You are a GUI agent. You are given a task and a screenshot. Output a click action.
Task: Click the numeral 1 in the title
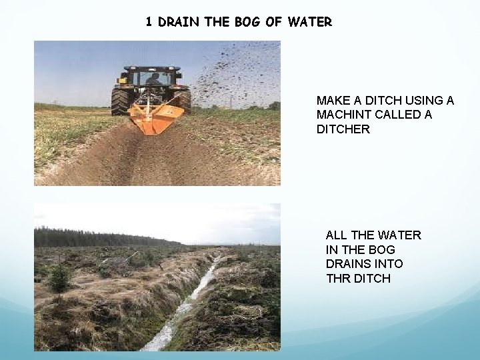[149, 22]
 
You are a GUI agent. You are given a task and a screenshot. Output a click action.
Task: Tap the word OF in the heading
[273, 22]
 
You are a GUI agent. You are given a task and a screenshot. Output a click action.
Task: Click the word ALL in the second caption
[337, 235]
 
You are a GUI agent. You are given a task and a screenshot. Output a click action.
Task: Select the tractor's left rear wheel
[121, 101]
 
